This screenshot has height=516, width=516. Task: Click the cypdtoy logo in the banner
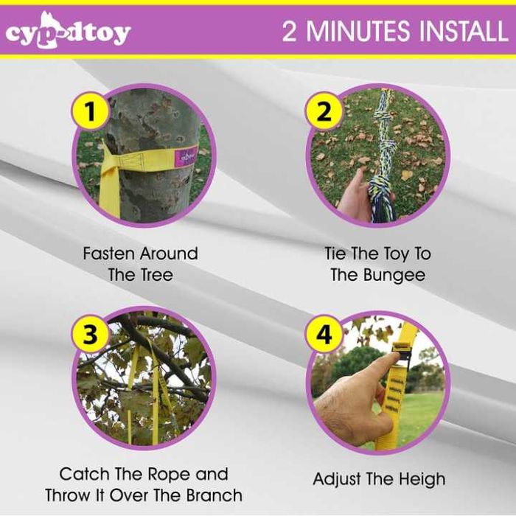(x=68, y=30)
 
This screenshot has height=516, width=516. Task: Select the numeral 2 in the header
(x=289, y=31)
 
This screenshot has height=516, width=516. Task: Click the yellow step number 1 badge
(x=89, y=111)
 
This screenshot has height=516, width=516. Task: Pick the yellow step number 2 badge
(x=324, y=111)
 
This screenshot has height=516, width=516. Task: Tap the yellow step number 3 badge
(x=89, y=335)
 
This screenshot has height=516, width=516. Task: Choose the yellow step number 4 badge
(x=324, y=335)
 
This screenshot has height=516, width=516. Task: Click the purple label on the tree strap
(x=186, y=156)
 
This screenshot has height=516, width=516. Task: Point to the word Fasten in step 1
(x=109, y=254)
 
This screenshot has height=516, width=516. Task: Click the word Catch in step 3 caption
(x=83, y=474)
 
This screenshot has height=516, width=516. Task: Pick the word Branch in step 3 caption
(x=215, y=495)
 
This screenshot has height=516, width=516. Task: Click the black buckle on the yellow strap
(x=400, y=353)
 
